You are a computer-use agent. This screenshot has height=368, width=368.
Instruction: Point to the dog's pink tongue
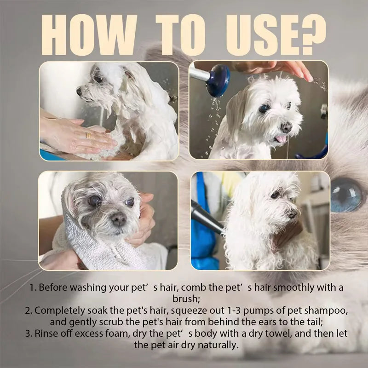pyautogui.click(x=280, y=139)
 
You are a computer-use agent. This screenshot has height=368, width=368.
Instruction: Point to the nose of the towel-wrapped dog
pyautogui.click(x=119, y=218)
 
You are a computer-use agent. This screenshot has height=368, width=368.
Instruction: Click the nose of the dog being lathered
pyautogui.click(x=80, y=92)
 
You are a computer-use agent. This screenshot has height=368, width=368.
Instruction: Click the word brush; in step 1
pyautogui.click(x=184, y=299)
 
